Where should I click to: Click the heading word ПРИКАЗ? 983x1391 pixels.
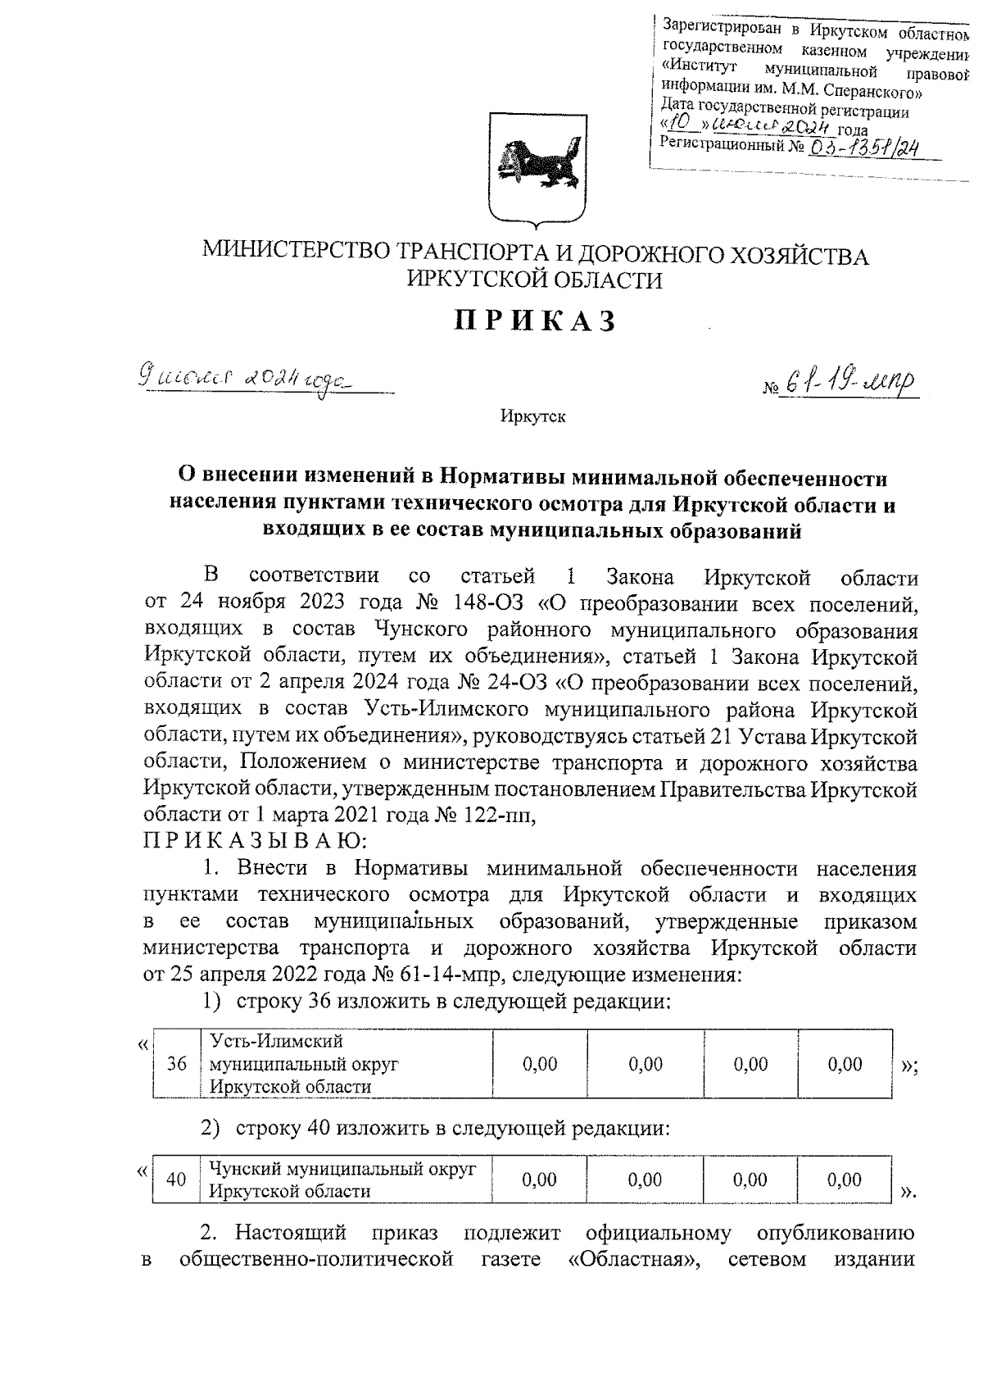(536, 321)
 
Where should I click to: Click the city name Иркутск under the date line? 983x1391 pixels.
(533, 417)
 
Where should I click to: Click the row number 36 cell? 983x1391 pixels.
(177, 1064)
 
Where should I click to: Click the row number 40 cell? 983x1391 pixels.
(176, 1180)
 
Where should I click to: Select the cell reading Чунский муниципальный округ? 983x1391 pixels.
(342, 1180)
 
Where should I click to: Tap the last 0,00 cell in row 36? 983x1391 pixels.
(845, 1064)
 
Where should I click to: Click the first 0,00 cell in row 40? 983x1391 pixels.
(539, 1180)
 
